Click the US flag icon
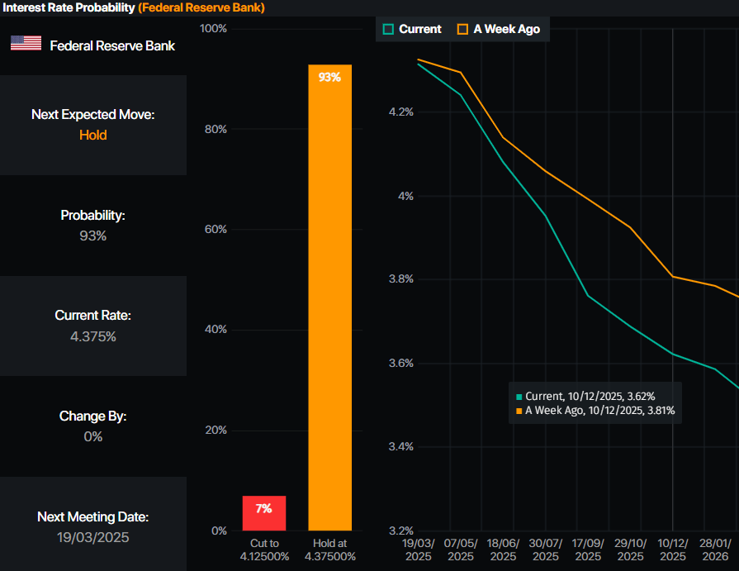pos(26,44)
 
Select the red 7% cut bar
pos(263,513)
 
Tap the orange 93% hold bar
pos(329,297)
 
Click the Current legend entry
pos(413,29)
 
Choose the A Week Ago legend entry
pos(499,29)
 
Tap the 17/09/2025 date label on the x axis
pos(588,550)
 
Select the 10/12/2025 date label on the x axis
pos(672,550)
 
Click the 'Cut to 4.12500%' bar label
pos(263,550)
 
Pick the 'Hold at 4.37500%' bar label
pos(329,550)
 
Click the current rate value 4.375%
pos(93,336)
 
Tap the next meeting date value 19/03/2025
pos(93,537)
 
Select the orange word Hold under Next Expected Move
pos(93,135)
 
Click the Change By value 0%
pos(93,436)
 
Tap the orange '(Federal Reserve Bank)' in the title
pos(201,7)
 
